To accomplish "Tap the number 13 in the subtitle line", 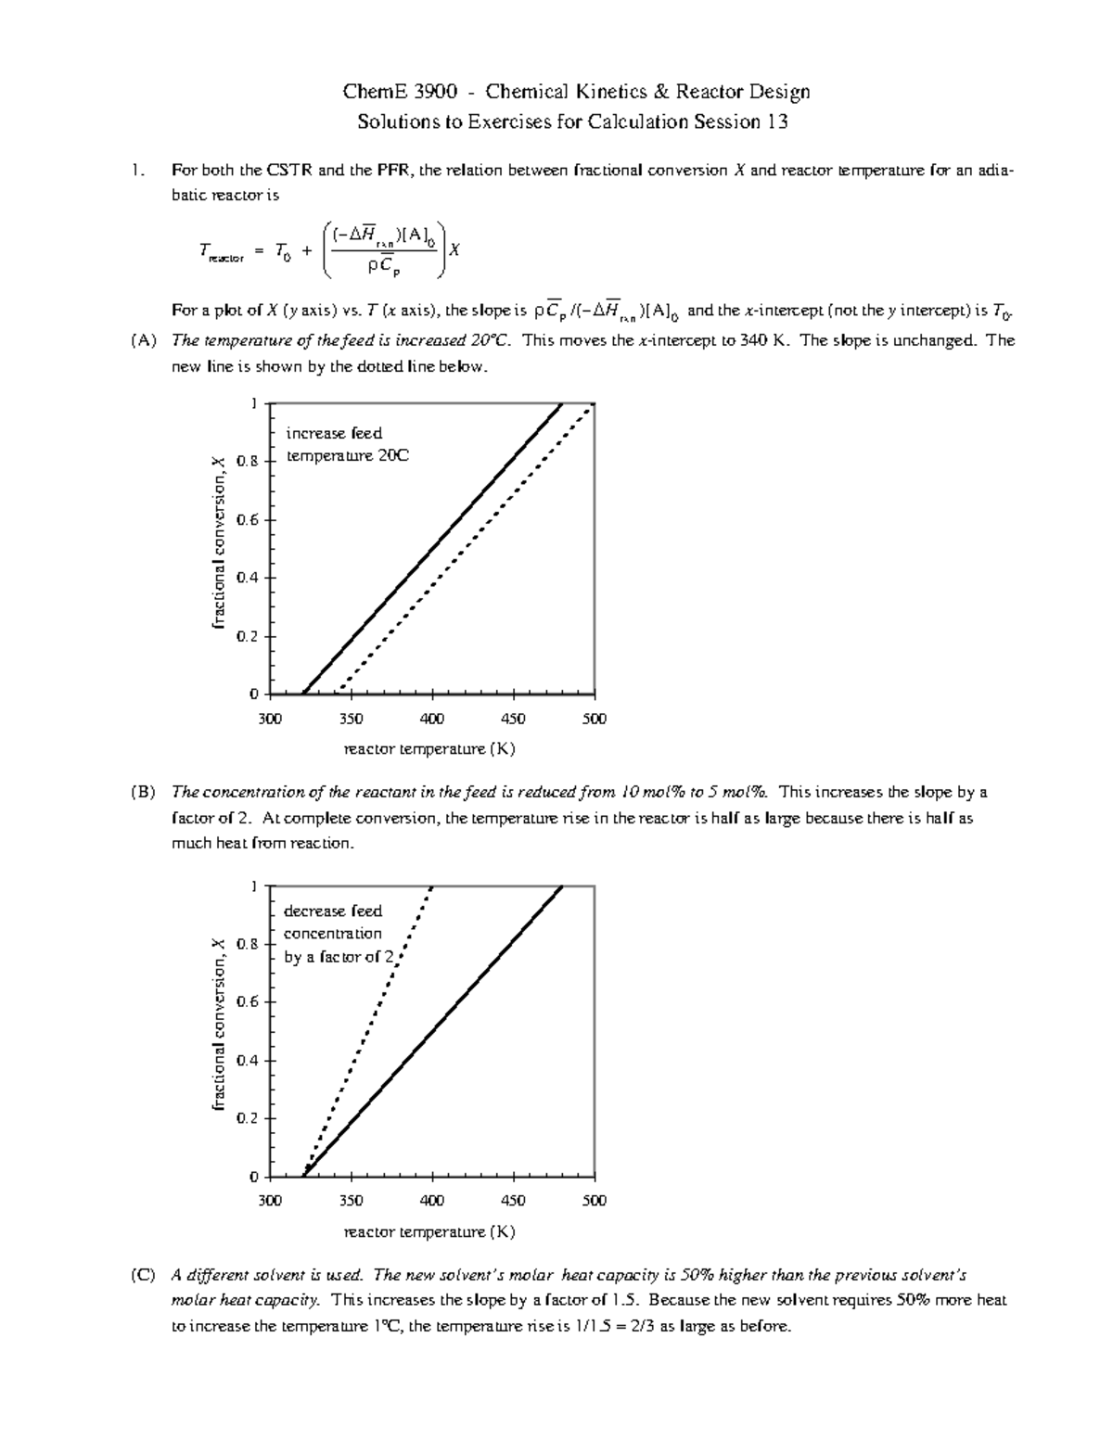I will coord(776,121).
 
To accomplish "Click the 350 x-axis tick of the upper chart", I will coord(351,719).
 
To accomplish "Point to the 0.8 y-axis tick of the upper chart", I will coord(248,461).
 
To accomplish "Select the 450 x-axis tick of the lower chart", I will coord(513,1201).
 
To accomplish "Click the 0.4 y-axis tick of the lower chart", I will coord(248,1060).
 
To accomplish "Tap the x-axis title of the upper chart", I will coord(429,748).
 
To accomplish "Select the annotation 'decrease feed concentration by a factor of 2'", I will coord(339,934).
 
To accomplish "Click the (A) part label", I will coord(144,340).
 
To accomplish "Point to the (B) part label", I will coord(144,793).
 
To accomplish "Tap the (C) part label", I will coord(144,1275).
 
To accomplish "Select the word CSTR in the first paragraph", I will coord(291,171).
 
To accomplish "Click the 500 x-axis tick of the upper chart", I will coord(594,719).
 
